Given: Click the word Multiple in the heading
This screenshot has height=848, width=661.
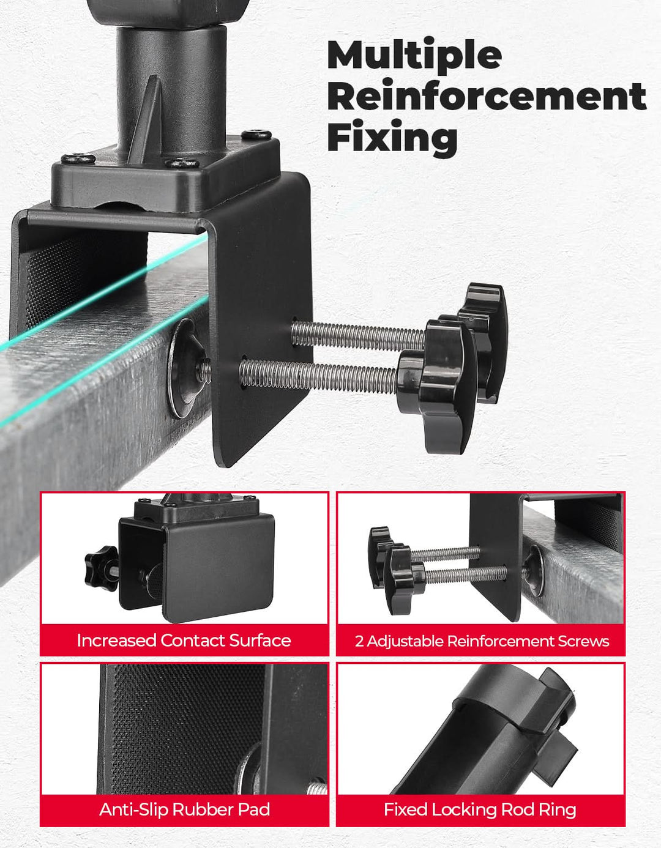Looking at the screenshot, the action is click(x=414, y=56).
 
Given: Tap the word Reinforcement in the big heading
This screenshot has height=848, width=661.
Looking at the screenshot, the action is click(x=487, y=96).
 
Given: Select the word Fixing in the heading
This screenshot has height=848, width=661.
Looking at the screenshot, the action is click(x=392, y=138).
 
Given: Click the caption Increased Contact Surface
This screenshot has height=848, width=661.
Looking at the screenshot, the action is click(x=184, y=641).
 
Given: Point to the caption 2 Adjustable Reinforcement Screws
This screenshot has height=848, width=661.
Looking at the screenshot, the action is click(x=482, y=641).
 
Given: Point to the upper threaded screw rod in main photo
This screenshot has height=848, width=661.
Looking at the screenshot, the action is click(x=358, y=334).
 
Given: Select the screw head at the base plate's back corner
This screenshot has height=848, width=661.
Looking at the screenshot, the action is click(x=256, y=135).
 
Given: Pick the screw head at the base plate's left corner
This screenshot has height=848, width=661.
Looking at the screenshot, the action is click(x=78, y=158).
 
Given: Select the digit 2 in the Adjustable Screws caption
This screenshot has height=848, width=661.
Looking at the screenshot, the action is click(x=359, y=641).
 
